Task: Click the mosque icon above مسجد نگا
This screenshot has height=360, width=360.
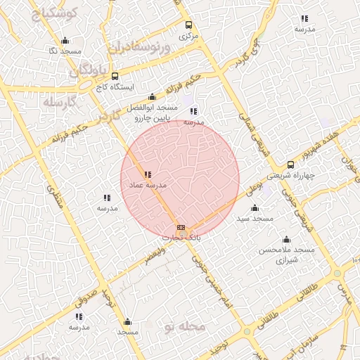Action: pos(65,40)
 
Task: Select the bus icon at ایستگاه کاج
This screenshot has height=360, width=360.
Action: pos(115,76)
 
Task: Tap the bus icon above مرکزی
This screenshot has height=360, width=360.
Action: pos(187,24)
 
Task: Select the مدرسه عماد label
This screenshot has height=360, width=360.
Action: pos(147,185)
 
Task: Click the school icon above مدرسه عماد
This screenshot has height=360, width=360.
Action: pos(147,174)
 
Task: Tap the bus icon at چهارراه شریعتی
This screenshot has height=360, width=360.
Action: pos(290,165)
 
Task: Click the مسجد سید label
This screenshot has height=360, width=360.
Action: pos(255,219)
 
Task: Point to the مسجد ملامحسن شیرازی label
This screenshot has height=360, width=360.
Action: pos(285,255)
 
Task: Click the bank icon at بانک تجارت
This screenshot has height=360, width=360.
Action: pos(181,228)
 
